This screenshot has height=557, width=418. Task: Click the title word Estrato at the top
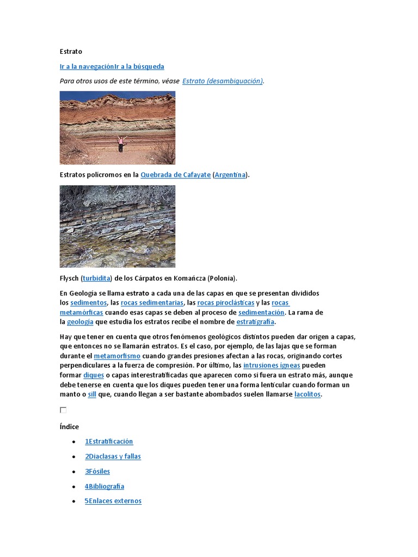[71, 52]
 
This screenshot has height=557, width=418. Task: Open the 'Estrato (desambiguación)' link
[223, 81]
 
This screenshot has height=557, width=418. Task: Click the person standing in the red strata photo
[120, 143]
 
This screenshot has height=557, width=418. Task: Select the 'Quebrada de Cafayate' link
[175, 175]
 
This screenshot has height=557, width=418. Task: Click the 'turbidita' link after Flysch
[96, 278]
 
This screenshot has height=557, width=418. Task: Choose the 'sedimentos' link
[88, 302]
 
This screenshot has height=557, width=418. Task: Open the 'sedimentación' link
[261, 312]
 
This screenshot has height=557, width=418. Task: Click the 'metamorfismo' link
[117, 356]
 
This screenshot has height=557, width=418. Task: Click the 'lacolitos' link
[308, 394]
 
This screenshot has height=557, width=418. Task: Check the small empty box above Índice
[63, 410]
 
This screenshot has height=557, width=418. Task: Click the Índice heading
[69, 427]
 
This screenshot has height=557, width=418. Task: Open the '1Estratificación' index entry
[109, 442]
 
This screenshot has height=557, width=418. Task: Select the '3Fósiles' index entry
[97, 472]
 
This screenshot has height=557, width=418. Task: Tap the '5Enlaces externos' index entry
[113, 501]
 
